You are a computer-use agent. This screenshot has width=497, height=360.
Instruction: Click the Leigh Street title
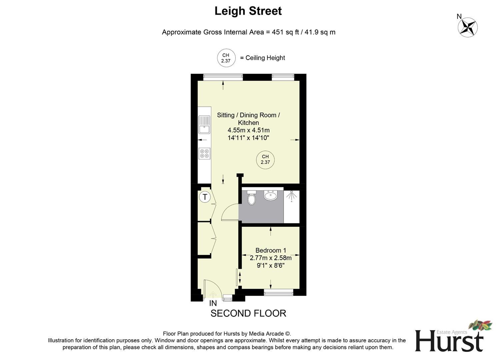(248, 11)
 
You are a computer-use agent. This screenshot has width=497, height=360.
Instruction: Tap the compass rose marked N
(467, 27)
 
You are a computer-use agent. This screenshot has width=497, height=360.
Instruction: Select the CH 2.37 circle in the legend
(226, 58)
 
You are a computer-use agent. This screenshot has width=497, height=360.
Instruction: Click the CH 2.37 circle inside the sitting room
(265, 159)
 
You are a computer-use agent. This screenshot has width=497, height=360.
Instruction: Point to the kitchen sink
(204, 124)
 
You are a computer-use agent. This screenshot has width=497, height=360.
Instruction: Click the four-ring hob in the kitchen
(204, 154)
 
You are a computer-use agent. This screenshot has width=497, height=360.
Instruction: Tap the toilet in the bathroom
(251, 198)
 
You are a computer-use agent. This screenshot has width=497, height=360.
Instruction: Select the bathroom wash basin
(270, 195)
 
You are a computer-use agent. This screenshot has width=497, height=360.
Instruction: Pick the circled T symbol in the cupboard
(205, 197)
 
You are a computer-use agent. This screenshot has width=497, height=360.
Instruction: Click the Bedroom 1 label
(270, 250)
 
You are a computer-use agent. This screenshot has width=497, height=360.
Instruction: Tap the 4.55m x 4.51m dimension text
(248, 130)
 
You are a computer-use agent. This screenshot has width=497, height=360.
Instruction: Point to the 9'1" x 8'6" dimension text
(270, 266)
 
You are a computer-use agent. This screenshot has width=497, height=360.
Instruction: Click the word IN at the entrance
(213, 303)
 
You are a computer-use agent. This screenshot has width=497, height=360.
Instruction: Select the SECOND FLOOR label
(248, 313)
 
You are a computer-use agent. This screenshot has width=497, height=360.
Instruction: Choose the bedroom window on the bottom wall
(278, 293)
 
